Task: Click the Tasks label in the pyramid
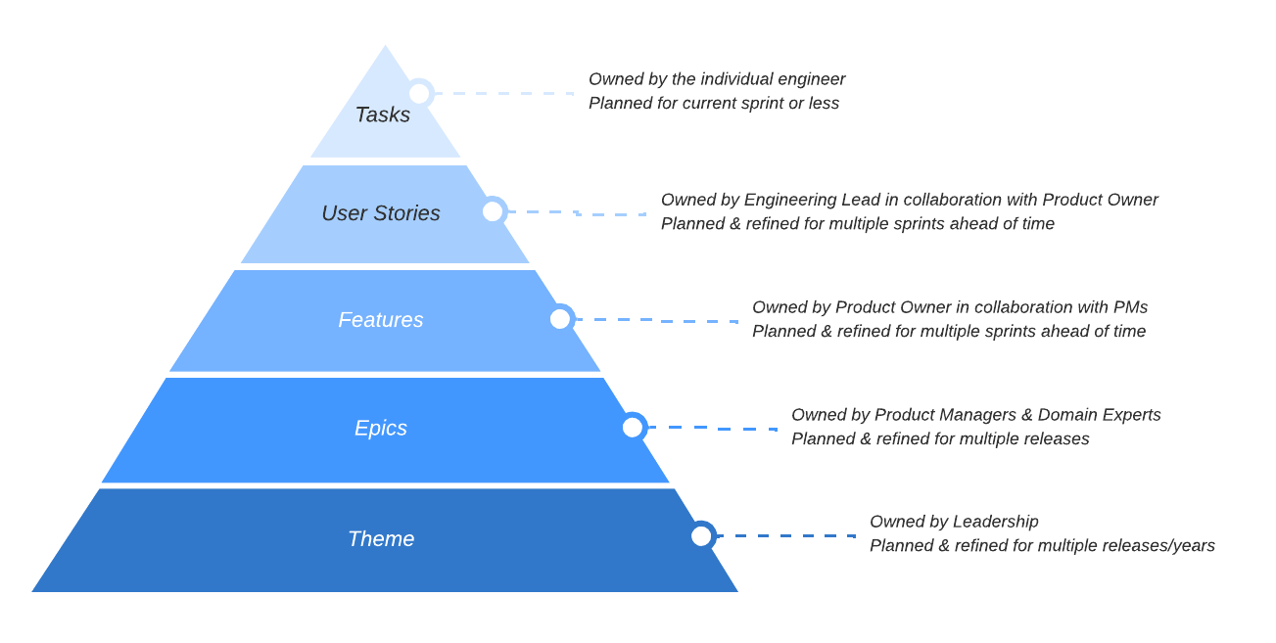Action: (383, 115)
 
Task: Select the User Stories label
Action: (381, 213)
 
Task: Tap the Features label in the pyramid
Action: (381, 319)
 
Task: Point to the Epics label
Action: (381, 428)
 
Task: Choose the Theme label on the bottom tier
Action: (381, 539)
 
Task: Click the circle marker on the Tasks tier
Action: (420, 93)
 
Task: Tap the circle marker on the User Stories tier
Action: (493, 211)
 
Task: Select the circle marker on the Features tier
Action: (560, 319)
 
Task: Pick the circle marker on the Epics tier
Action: (633, 427)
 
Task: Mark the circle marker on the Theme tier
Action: (702, 535)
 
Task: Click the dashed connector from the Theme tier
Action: (786, 536)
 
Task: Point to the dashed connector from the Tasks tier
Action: (504, 93)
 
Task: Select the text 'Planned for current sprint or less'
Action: (714, 103)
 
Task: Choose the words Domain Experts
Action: (1099, 415)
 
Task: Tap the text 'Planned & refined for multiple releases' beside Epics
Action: (940, 438)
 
